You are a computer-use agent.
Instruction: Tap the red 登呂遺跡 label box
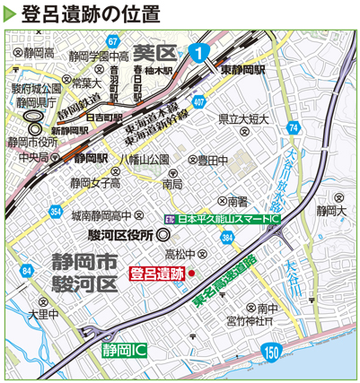pos(157,272)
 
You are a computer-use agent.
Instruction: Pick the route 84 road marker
pos(28,269)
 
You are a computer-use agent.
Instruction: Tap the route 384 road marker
pos(229,238)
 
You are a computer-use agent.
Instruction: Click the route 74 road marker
pos(294,129)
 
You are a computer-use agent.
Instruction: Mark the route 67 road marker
pos(112,42)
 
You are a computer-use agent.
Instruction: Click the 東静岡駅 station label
pos(243,69)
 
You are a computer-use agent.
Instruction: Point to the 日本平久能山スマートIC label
pos(225,218)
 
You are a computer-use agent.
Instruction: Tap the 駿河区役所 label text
pos(122,234)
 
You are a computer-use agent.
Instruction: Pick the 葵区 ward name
pos(151,51)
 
